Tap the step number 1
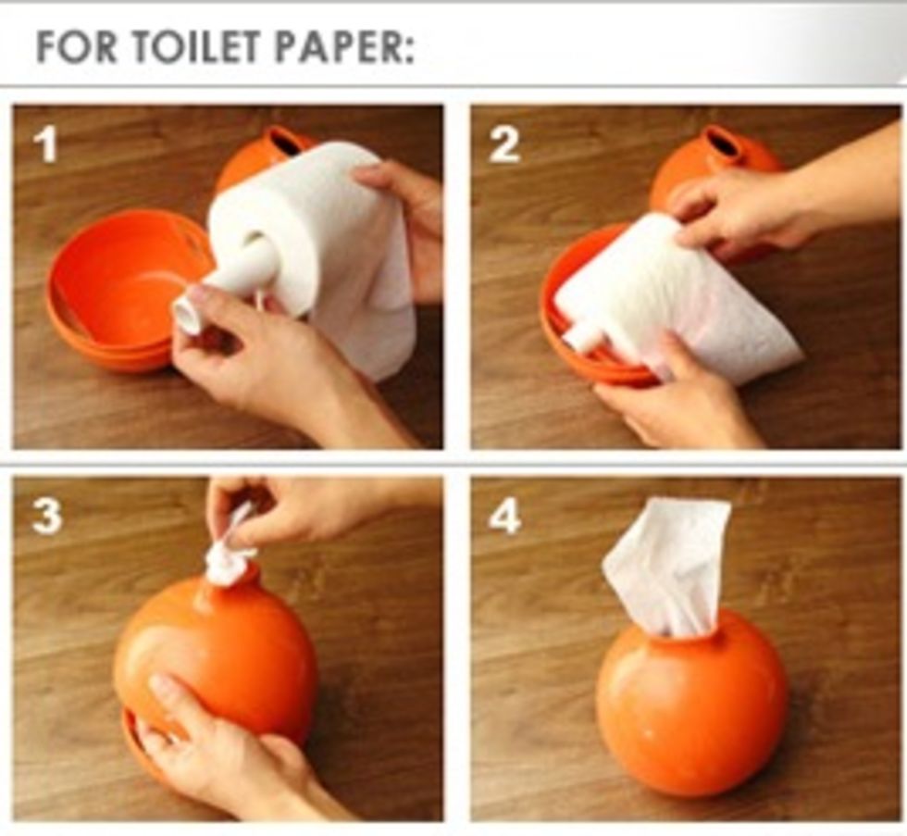[x=44, y=144]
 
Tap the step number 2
[x=503, y=144]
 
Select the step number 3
[x=45, y=517]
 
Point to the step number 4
[x=504, y=517]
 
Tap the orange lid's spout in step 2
[x=718, y=143]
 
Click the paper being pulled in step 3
[x=227, y=555]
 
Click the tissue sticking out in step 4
[x=666, y=565]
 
